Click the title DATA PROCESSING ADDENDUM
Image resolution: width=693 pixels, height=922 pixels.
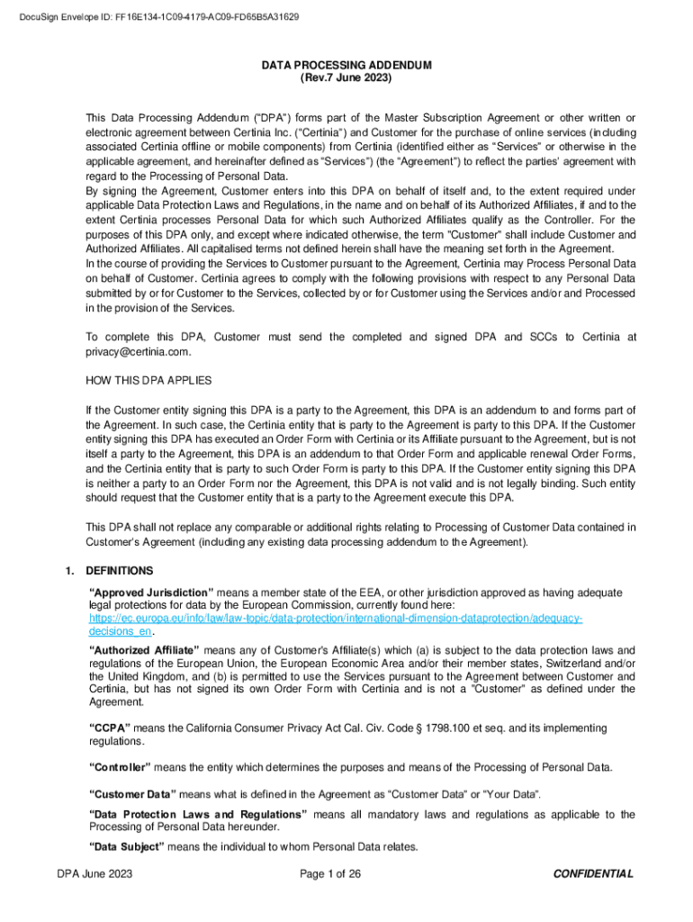coord(346,66)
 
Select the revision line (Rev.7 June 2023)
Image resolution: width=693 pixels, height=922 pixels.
coord(346,78)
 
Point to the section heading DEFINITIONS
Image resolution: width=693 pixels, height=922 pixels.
coord(120,571)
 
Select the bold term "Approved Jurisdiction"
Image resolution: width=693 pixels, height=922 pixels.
coord(151,592)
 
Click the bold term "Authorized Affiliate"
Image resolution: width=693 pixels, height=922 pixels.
coord(146,650)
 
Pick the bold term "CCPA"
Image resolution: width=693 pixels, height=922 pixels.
coord(110,728)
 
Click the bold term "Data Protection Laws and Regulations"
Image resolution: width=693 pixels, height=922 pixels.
coord(198,815)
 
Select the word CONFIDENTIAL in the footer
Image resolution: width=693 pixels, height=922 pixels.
coord(593,874)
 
